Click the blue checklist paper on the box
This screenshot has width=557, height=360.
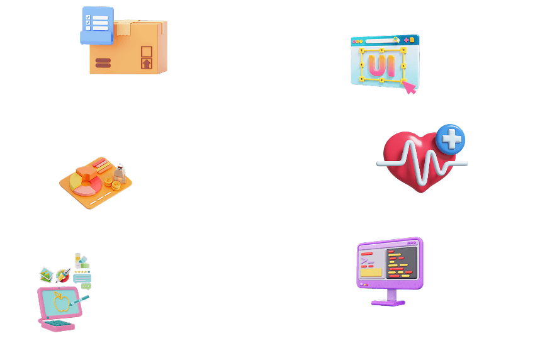(98, 26)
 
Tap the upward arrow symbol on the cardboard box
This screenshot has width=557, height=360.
(147, 64)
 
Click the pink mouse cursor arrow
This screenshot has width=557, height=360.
(409, 87)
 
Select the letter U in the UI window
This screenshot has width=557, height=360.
(376, 65)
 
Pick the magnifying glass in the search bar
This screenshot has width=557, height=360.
(396, 40)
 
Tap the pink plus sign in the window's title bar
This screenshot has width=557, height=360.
(406, 40)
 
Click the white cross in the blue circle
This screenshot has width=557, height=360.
(451, 138)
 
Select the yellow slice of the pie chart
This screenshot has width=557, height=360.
(75, 182)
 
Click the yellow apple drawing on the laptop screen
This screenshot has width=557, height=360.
(61, 301)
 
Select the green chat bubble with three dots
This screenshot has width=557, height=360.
(86, 286)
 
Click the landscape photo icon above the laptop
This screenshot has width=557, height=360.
(46, 274)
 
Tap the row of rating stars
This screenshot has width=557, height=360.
(82, 272)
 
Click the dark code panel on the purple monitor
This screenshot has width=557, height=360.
(402, 263)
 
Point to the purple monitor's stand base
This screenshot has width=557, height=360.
(388, 303)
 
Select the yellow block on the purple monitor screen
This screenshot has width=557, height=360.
(371, 273)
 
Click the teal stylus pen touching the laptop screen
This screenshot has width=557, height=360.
(79, 300)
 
